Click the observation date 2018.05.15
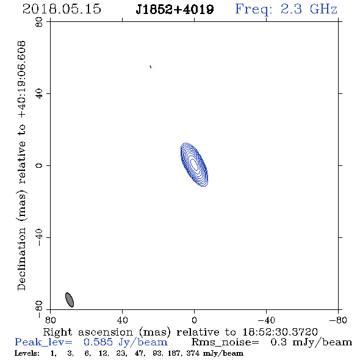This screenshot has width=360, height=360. coord(62,9)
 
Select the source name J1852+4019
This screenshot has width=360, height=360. coord(175,10)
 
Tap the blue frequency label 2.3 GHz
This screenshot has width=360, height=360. coord(309,9)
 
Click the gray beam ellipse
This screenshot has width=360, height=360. coord(70,300)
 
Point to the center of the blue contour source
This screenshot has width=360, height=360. coord(194,165)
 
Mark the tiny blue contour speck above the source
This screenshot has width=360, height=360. coord(150,67)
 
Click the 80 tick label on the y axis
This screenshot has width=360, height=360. coord(39,22)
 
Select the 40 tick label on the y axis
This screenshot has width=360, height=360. coord(39,94)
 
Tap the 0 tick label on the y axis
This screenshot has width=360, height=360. coord(39,165)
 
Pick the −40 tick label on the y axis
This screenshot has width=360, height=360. coord(39,237)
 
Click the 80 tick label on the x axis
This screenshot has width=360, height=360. coord(50,320)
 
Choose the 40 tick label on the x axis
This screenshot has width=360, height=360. coord(122,320)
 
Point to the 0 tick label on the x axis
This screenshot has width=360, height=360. coord(194,320)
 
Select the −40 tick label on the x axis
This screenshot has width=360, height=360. coord(266,320)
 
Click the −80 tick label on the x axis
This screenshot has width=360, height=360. coord(338,320)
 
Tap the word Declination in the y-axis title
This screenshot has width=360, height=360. coord(21,259)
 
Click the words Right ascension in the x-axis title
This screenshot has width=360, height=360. coord(88,332)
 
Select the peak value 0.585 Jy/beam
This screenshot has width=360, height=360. coord(126,342)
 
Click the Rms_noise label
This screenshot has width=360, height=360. coord(225,342)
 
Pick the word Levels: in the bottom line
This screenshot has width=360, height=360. coord(27,353)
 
